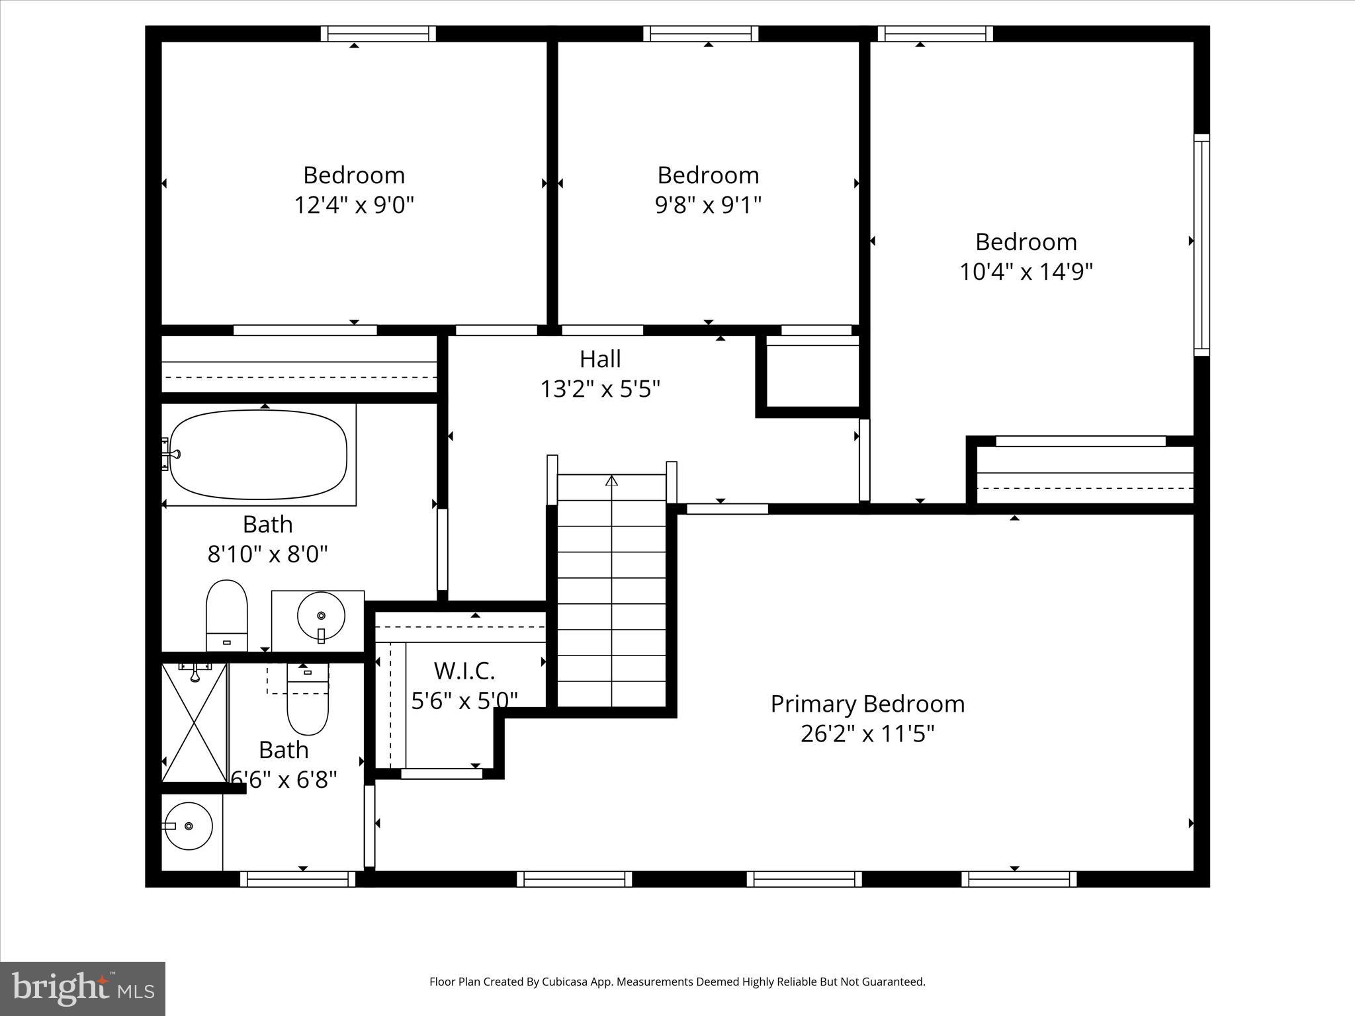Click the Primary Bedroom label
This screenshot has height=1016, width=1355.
pyautogui.click(x=867, y=704)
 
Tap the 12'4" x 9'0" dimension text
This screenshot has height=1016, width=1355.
pyautogui.click(x=354, y=205)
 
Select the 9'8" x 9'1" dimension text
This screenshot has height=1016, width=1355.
pyautogui.click(x=708, y=205)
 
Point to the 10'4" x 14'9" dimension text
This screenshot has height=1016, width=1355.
pyautogui.click(x=1026, y=271)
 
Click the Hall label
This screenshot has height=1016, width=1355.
pyautogui.click(x=600, y=359)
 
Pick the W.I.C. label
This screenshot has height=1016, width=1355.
pyautogui.click(x=464, y=671)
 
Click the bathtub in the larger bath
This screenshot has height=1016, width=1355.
pyautogui.click(x=258, y=454)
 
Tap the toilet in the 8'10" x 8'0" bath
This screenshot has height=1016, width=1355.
pyautogui.click(x=227, y=615)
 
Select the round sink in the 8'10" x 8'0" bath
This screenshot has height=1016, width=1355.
pyautogui.click(x=321, y=616)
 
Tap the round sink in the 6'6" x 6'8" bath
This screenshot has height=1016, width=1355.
pyautogui.click(x=189, y=826)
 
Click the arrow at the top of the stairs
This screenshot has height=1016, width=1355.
pyautogui.click(x=611, y=480)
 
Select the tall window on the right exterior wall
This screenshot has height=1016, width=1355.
pyautogui.click(x=1202, y=245)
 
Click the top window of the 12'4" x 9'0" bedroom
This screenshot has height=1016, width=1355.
pyautogui.click(x=378, y=34)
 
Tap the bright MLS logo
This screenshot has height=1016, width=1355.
pyautogui.click(x=83, y=988)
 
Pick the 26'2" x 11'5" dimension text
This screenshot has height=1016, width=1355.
pyautogui.click(x=867, y=734)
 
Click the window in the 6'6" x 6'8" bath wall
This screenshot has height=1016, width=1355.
pyautogui.click(x=298, y=879)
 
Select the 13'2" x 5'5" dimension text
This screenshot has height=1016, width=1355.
pyautogui.click(x=600, y=389)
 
